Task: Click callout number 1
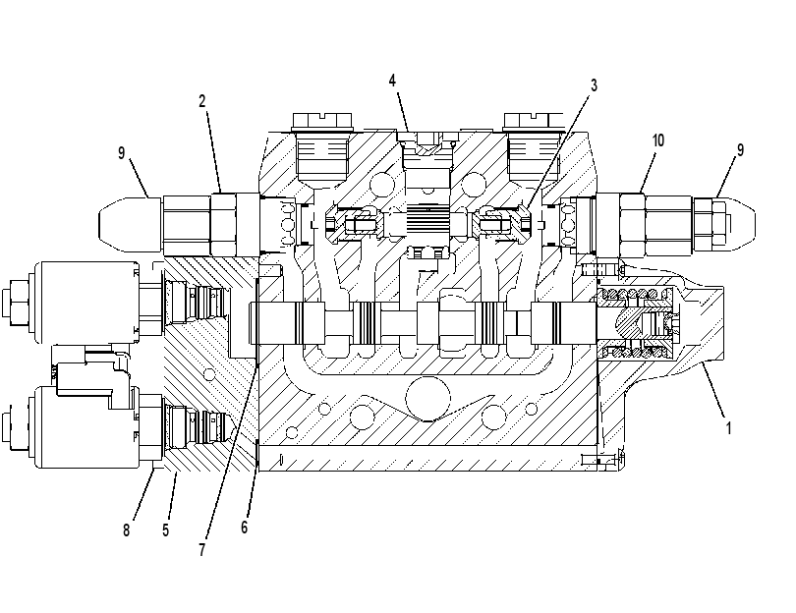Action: tap(728, 428)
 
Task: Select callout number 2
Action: tap(202, 101)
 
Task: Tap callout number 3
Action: tap(594, 85)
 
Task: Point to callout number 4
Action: tap(392, 81)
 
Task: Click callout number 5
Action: tap(165, 529)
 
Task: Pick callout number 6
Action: tap(244, 528)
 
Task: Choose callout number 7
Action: tap(202, 549)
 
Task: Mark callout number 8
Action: tap(126, 530)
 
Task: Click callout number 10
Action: tap(657, 140)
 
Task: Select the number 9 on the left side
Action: tap(121, 152)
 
